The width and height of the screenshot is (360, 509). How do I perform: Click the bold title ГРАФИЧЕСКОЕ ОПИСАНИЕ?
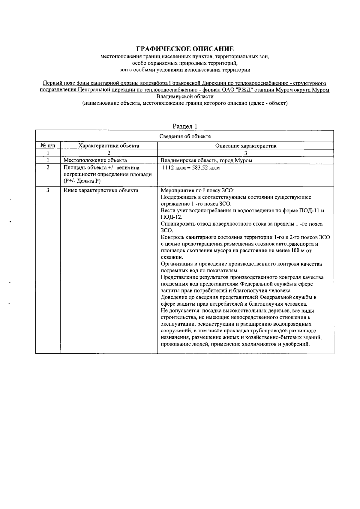tap(185, 49)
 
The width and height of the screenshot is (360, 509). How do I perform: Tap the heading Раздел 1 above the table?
tap(185, 126)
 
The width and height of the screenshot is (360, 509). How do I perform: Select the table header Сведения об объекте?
tap(185, 136)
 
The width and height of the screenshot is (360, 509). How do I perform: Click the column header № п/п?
tap(48, 146)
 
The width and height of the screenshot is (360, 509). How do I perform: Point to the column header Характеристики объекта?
tap(109, 146)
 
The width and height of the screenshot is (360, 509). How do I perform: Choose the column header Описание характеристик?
tap(245, 146)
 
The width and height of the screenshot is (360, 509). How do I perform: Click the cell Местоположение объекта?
tap(95, 160)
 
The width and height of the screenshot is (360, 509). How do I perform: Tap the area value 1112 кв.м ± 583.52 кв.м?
tap(191, 168)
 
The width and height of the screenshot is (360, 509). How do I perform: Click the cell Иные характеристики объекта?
tap(100, 190)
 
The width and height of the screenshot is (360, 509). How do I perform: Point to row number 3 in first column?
tap(48, 190)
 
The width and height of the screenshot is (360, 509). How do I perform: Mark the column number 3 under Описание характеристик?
tap(245, 153)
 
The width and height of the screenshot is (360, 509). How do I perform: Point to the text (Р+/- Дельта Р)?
tap(82, 181)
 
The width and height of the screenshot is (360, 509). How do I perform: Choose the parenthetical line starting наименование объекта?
tap(185, 103)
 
